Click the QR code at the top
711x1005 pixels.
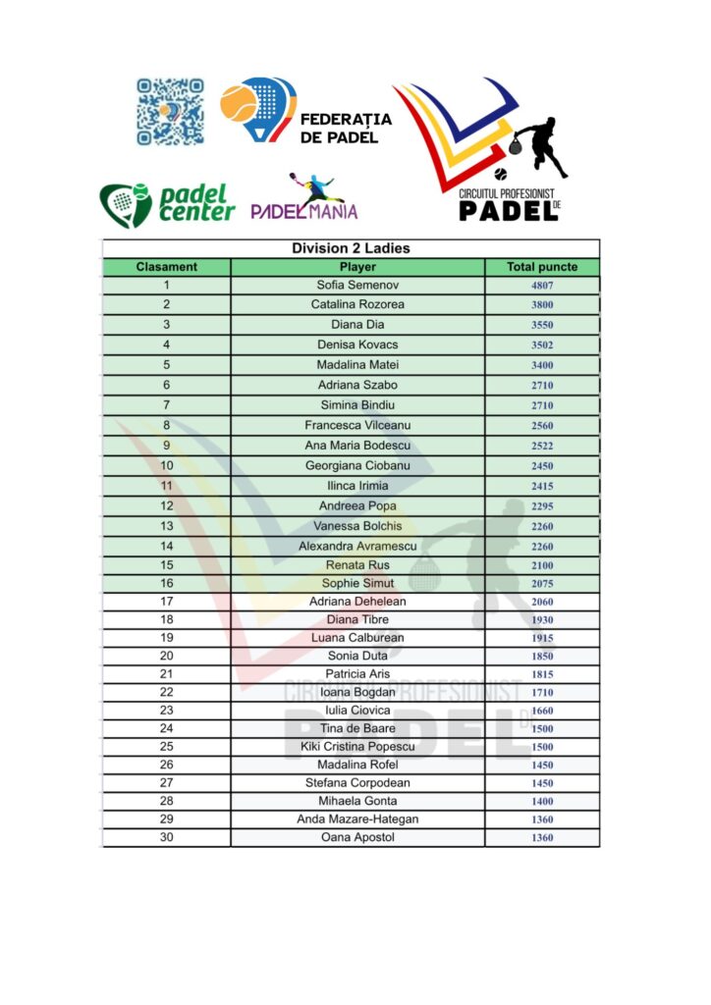(170, 111)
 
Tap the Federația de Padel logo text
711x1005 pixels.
(345, 128)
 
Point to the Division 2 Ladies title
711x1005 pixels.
(351, 248)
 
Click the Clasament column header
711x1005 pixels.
(167, 267)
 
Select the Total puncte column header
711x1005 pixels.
(542, 267)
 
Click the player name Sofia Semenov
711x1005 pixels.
(357, 286)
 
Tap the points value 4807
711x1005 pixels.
(542, 287)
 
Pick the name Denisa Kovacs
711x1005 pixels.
(357, 344)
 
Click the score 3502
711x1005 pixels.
(542, 345)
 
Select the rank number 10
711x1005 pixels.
(167, 465)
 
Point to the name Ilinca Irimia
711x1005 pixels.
(357, 486)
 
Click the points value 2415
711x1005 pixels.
(542, 487)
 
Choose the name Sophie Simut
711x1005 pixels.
(357, 583)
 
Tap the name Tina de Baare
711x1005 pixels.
(357, 728)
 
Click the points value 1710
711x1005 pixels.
(542, 693)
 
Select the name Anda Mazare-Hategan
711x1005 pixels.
(357, 820)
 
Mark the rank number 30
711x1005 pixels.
(167, 837)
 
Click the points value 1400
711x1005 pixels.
(542, 802)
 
